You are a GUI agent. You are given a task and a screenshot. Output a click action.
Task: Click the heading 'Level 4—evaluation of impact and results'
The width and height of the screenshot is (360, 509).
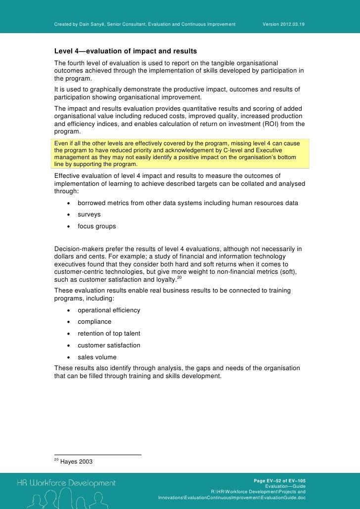point(126,51)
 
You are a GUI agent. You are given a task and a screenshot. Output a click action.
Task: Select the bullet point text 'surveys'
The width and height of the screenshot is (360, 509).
point(89,215)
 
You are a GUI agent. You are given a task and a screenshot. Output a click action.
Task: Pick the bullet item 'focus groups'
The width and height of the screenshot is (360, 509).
point(97,226)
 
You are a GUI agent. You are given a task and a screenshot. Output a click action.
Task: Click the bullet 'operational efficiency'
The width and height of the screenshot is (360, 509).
point(109,310)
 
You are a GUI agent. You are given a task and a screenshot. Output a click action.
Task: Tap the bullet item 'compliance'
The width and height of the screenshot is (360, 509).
point(94,322)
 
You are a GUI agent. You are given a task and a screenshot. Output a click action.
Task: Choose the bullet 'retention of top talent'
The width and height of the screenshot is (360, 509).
point(109,334)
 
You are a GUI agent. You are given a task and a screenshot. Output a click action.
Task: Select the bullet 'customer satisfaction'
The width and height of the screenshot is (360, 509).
point(109,345)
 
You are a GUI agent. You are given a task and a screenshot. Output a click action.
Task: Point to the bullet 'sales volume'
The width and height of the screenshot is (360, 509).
point(97,357)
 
